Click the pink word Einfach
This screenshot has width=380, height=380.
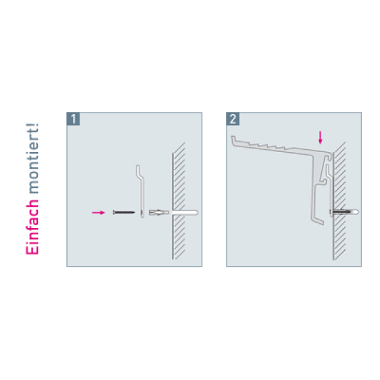32,227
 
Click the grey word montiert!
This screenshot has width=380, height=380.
32,158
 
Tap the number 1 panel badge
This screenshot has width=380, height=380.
73,119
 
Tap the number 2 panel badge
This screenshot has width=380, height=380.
233,119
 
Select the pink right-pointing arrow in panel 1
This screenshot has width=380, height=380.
98,213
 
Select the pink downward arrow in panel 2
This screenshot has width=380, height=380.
321,137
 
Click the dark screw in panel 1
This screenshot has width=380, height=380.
124,212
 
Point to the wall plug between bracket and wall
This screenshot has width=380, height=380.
159,212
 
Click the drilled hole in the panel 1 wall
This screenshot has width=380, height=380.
185,213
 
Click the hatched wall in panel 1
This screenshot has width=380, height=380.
179,200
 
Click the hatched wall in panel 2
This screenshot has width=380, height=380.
339,200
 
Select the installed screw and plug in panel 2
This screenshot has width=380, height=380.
344,212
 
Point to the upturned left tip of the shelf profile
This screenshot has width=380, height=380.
233,140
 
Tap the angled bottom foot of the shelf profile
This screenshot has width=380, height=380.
318,220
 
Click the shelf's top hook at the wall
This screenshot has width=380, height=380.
329,156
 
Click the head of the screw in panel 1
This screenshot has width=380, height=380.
114,212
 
